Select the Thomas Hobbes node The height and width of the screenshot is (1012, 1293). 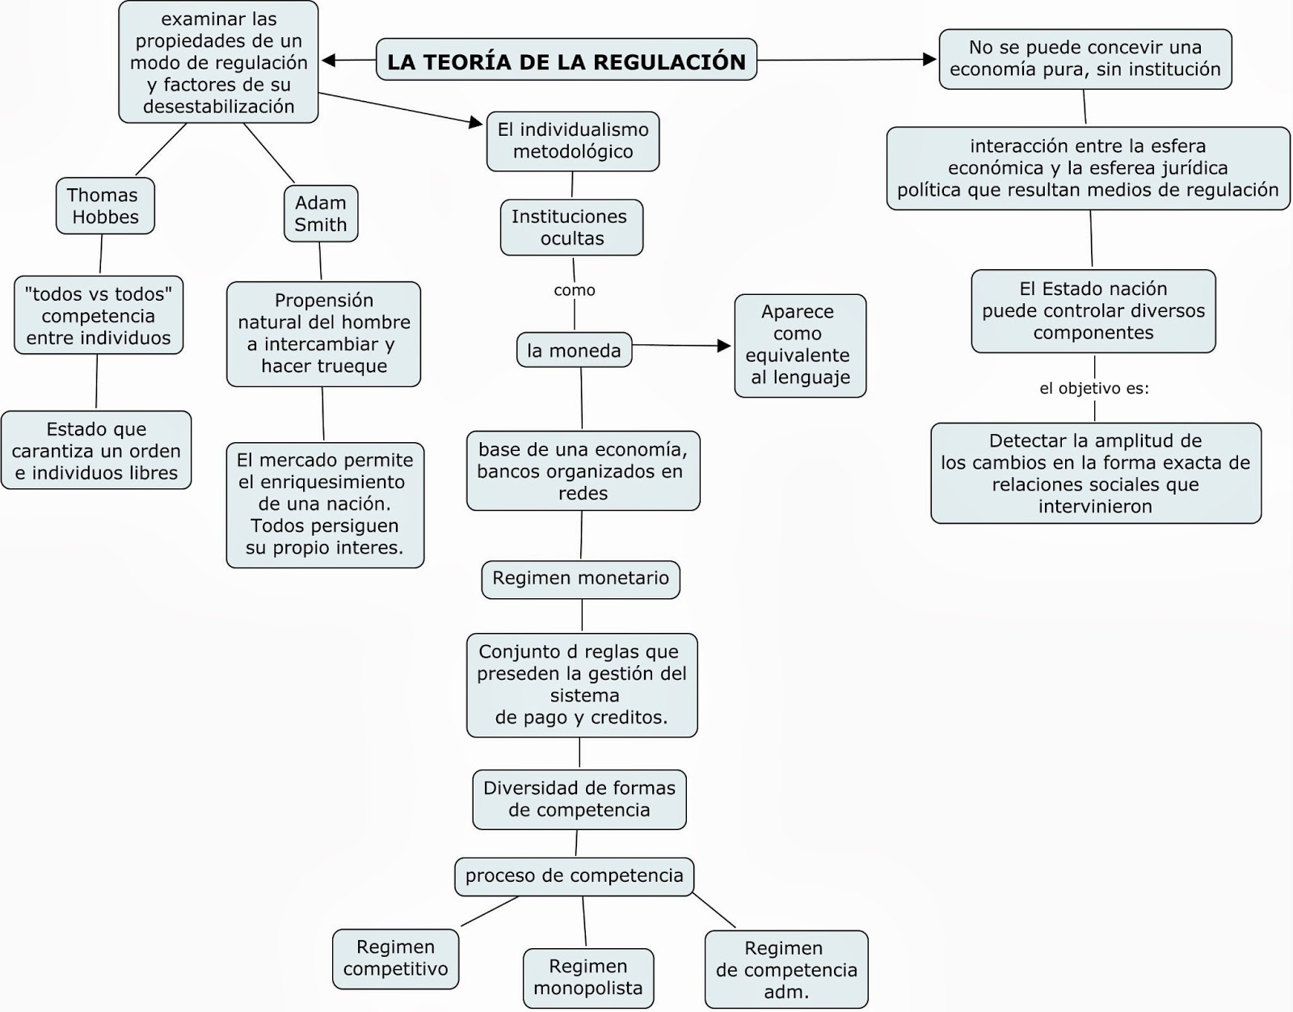pos(104,206)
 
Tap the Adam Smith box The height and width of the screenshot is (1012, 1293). pos(321,214)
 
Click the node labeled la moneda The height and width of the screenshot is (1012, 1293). pos(574,351)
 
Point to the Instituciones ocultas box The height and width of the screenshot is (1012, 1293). pos(571,228)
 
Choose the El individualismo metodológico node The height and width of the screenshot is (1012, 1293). pos(572,141)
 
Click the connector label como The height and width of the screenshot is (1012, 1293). pos(575,290)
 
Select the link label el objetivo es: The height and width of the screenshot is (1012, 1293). pos(1093,389)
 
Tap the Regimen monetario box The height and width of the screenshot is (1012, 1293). pos(580,579)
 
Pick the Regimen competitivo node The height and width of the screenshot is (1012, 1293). pos(395,959)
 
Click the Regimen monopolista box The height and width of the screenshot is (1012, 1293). pos(588,977)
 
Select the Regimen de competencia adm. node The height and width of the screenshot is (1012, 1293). pos(785,970)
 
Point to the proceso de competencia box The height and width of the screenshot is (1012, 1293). pos(574,876)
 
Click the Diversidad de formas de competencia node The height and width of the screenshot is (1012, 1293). pos(579,799)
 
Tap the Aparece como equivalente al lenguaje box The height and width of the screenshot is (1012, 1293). pos(799,345)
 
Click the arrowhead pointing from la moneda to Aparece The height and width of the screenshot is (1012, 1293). pos(725,346)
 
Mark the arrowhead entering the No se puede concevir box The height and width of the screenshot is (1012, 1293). pos(930,59)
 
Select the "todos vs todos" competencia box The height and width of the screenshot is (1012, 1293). pos(99,316)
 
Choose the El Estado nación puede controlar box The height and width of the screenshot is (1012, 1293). pos(1093,311)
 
